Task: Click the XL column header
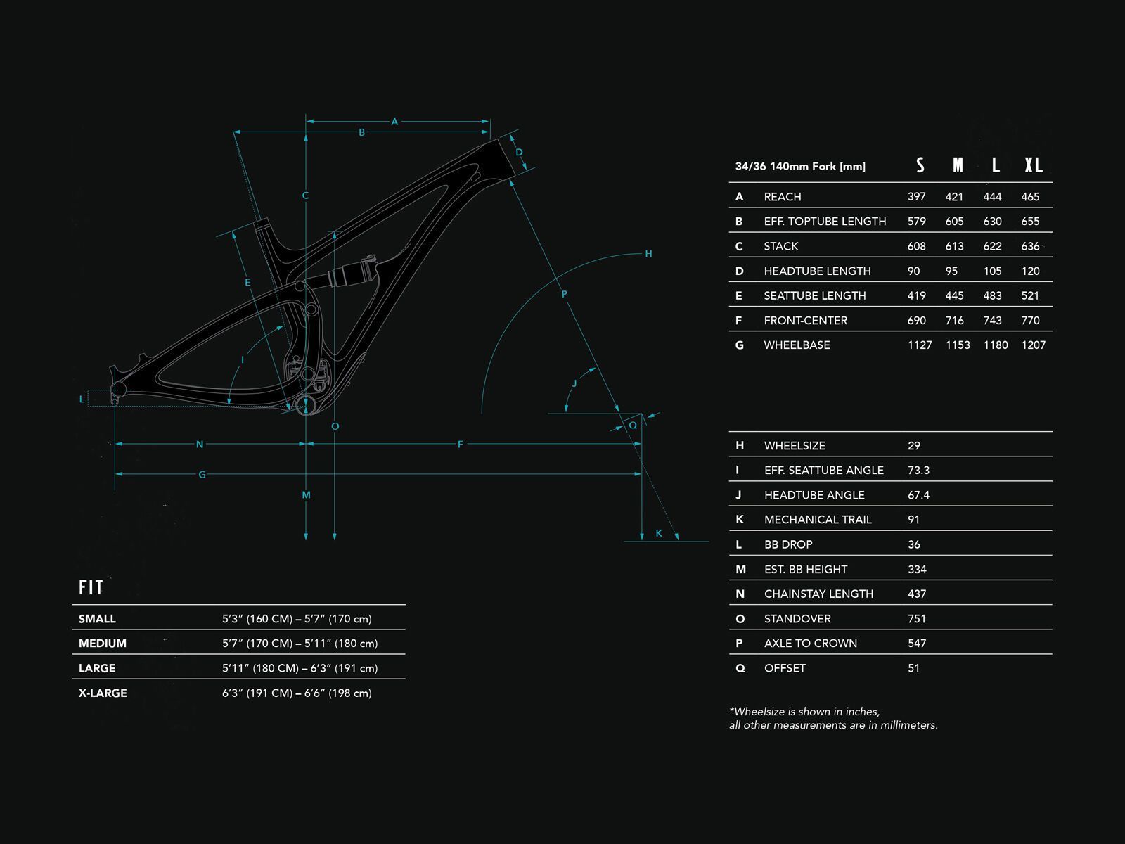tap(1033, 165)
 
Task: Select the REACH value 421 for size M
tap(954, 197)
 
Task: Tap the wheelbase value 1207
tap(1033, 345)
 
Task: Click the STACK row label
tap(780, 246)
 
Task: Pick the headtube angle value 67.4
tap(918, 495)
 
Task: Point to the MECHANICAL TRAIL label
tap(818, 520)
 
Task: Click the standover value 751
tap(917, 619)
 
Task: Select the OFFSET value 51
tap(913, 668)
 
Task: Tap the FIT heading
tap(91, 587)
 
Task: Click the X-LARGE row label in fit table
tap(103, 693)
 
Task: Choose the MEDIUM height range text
tap(300, 644)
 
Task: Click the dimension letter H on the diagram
tap(648, 254)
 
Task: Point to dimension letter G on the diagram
tap(202, 475)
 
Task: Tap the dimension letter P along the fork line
tap(564, 294)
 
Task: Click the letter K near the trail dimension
tap(659, 533)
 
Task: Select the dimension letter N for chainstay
tap(200, 445)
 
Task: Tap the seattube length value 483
tap(992, 296)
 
